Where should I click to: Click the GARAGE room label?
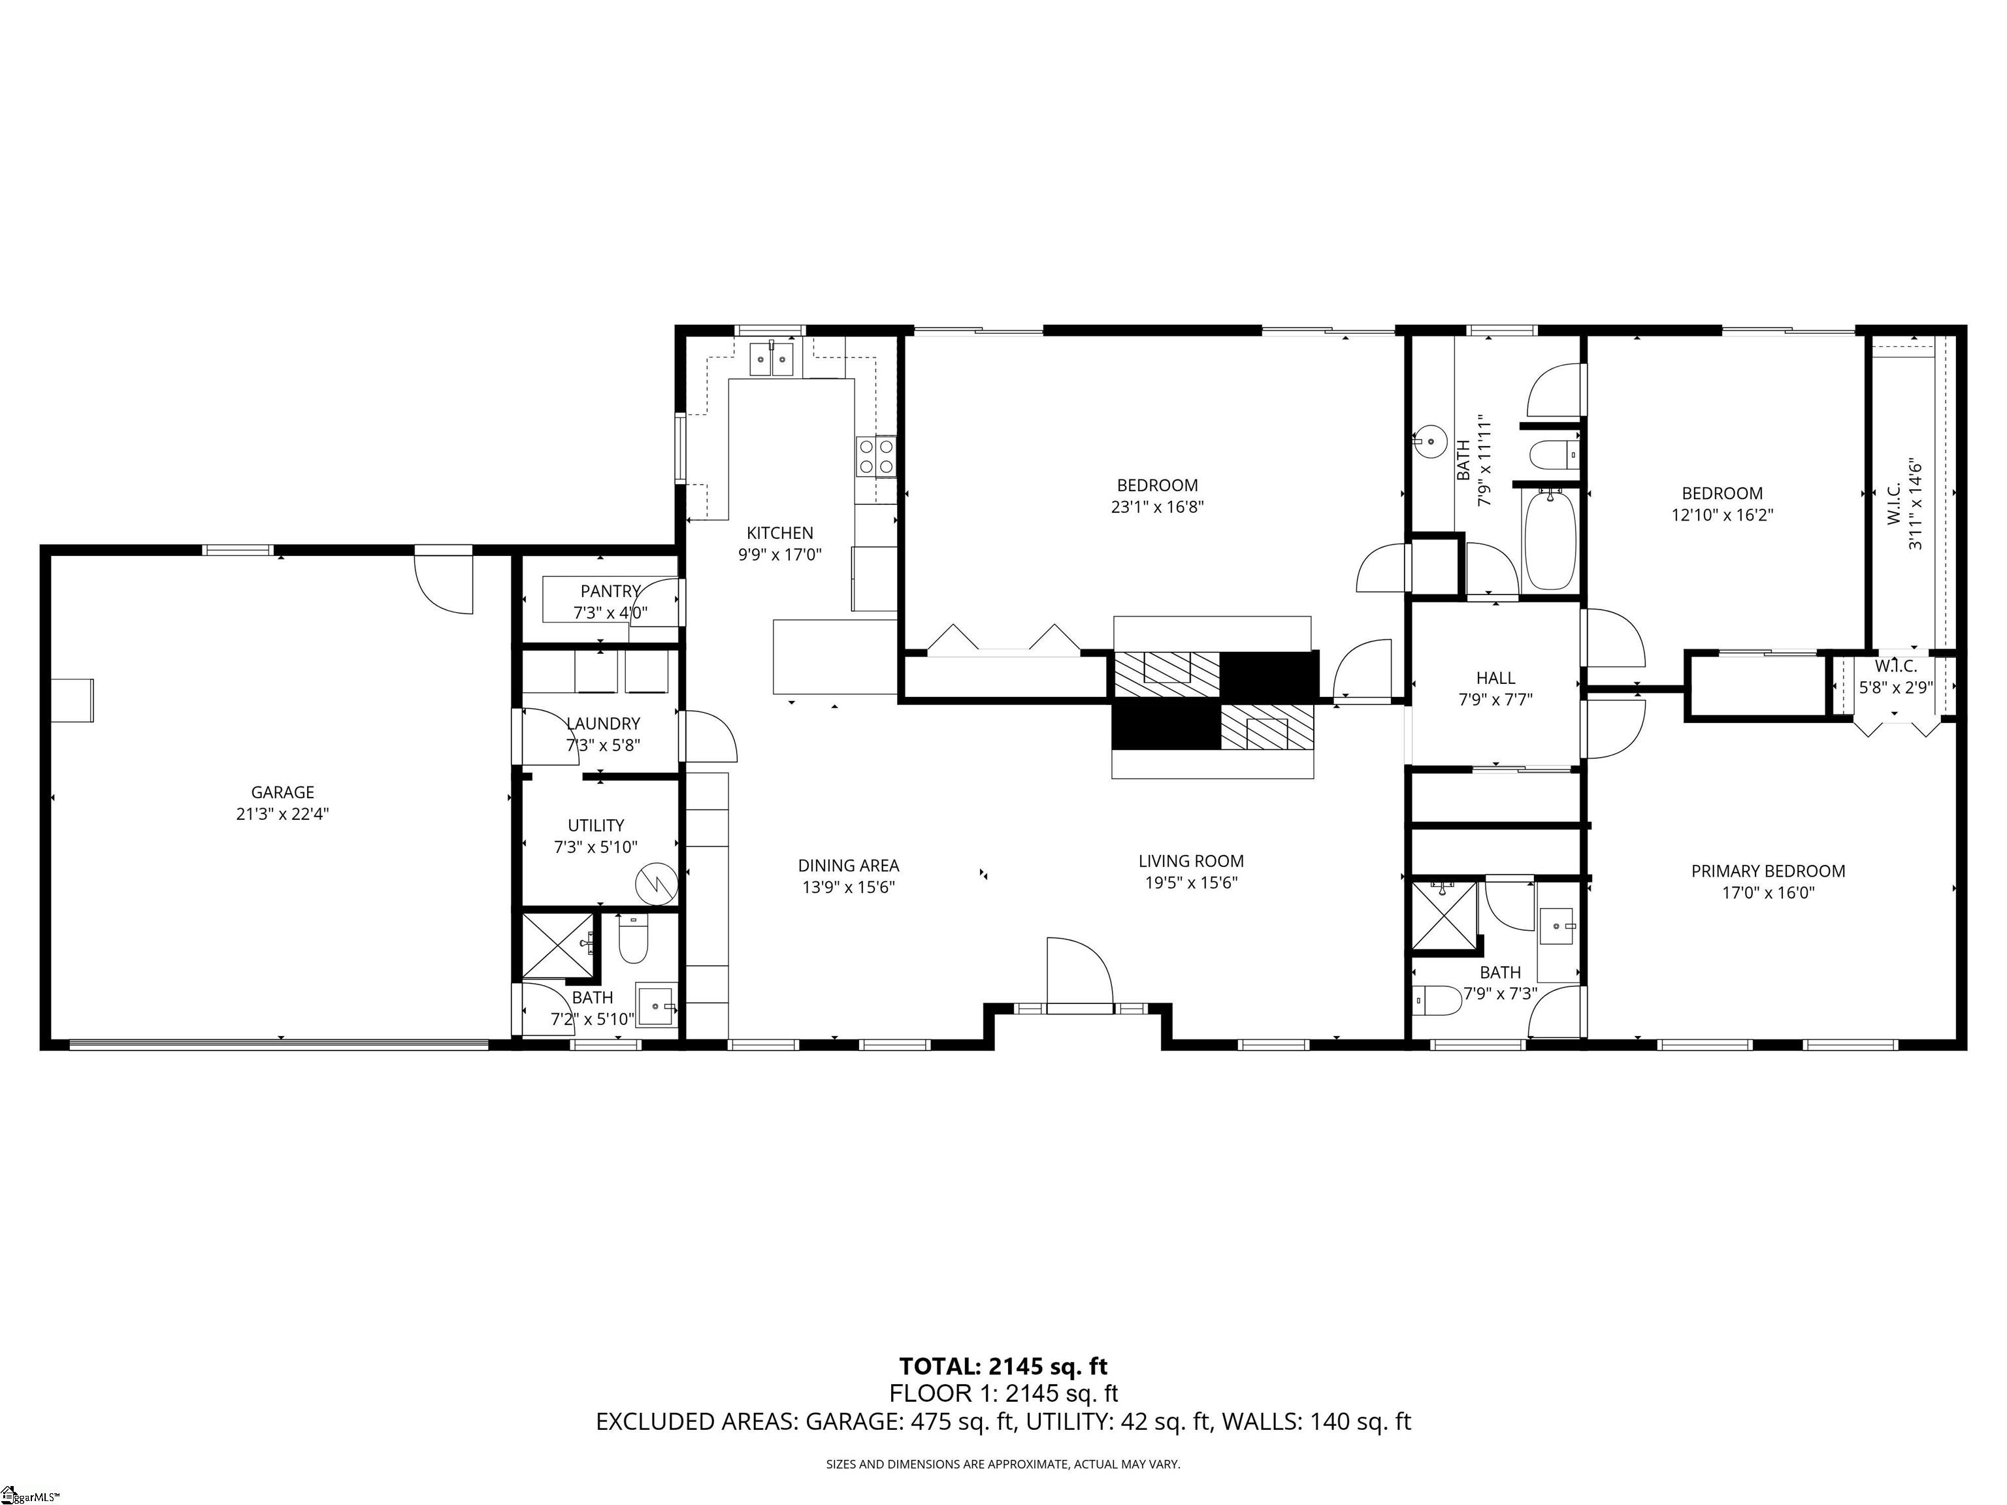pyautogui.click(x=282, y=792)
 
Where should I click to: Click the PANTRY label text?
pyautogui.click(x=610, y=591)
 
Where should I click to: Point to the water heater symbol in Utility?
pyautogui.click(x=656, y=882)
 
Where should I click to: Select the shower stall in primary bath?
pyautogui.click(x=1443, y=914)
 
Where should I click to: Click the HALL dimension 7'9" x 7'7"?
pyautogui.click(x=1495, y=700)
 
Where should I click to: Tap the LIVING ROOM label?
pyautogui.click(x=1190, y=861)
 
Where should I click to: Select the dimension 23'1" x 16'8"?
pyautogui.click(x=1157, y=507)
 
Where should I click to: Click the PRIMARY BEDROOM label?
pyautogui.click(x=1767, y=871)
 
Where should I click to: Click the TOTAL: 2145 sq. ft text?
pyautogui.click(x=1003, y=1367)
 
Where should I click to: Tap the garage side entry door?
pyautogui.click(x=445, y=581)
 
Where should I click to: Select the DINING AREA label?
pyautogui.click(x=849, y=866)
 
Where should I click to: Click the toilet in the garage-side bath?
pyautogui.click(x=632, y=943)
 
